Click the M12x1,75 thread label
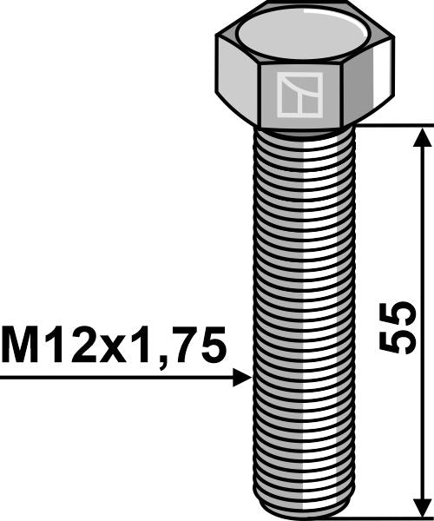tap(114, 346)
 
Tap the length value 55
tap(400, 326)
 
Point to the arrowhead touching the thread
tap(243, 378)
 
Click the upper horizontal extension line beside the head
tap(391, 125)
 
